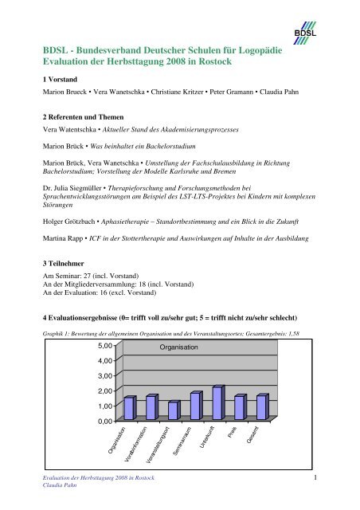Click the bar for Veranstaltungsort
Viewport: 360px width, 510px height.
[174, 410]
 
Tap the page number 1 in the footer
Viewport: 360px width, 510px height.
[316, 478]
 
